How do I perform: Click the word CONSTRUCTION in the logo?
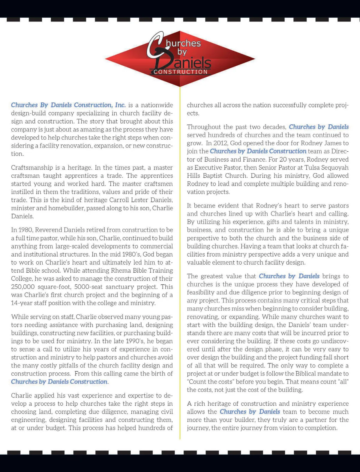[x=181, y=72]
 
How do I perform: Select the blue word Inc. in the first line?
[x=120, y=105]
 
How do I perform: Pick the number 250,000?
[x=23, y=287]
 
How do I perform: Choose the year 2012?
[x=220, y=143]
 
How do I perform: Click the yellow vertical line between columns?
[x=180, y=270]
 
